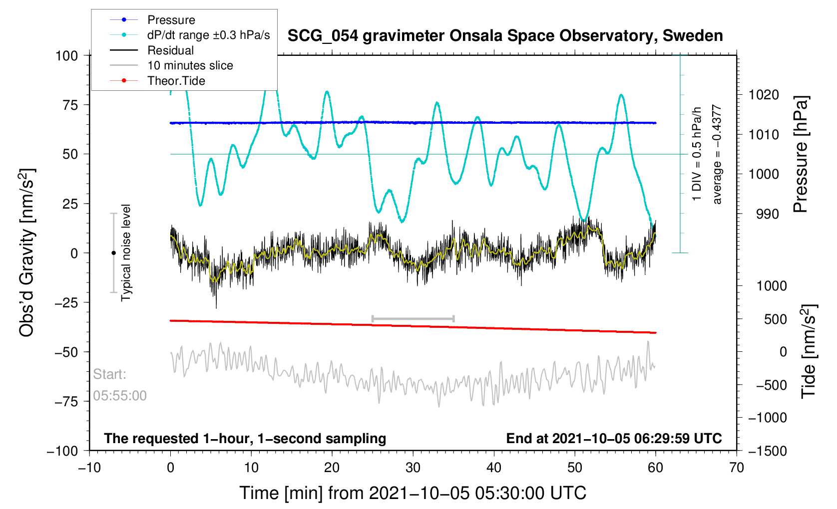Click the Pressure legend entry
coord(171,20)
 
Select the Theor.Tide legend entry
coord(176,81)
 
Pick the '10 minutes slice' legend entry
coord(190,65)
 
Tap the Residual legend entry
coord(170,50)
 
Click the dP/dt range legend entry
coord(208,35)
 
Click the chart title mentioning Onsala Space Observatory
coord(505,36)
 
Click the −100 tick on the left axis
coord(63,451)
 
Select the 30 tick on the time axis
coord(413,468)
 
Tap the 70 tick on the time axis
coord(736,468)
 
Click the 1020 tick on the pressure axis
coord(764,95)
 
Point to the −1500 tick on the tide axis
coord(767,451)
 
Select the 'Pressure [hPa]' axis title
coord(801,155)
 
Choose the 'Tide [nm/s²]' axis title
coord(809,351)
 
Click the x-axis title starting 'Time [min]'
coord(413,493)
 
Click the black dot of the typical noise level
coord(113,253)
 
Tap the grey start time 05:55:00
coord(120,396)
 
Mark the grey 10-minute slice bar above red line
coord(413,318)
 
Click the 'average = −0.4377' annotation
coord(717,155)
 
